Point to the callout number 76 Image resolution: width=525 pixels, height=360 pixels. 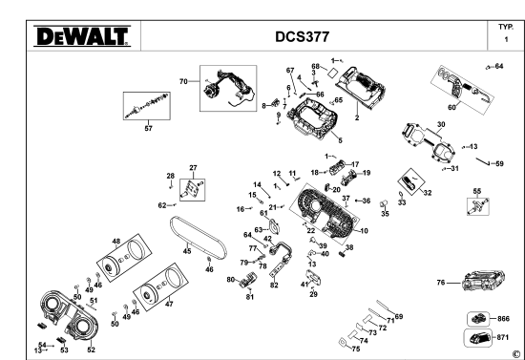[x=441, y=282]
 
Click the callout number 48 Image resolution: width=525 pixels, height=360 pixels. [x=115, y=241]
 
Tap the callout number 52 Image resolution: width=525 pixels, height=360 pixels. [x=92, y=349]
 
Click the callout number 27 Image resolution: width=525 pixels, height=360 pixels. [x=192, y=167]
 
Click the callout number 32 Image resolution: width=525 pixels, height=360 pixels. [x=427, y=193]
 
